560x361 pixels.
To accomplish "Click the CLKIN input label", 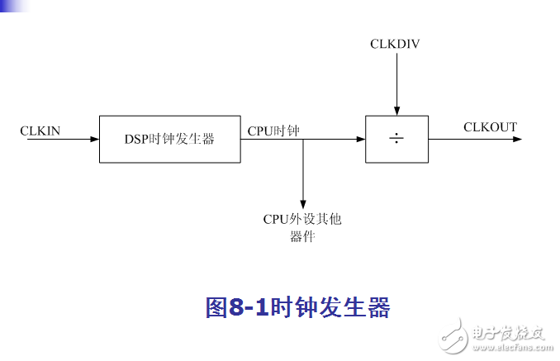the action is click(x=40, y=131).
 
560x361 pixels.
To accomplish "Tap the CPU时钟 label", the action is click(x=273, y=131).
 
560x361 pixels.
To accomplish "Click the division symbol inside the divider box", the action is click(x=396, y=138).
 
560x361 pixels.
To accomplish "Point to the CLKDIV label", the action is click(x=395, y=44).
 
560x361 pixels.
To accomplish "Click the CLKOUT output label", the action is click(x=490, y=126).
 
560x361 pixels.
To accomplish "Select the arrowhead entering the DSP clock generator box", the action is click(x=95, y=139).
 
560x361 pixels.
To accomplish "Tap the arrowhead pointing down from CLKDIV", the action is click(x=396, y=111).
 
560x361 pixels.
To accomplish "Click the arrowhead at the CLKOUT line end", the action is click(x=517, y=139).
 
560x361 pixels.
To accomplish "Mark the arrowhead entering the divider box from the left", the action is click(x=361, y=139).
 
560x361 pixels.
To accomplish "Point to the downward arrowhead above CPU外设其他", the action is click(x=303, y=204).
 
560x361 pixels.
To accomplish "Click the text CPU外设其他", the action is click(x=302, y=219).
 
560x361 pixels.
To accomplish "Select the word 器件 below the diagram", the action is click(x=302, y=236).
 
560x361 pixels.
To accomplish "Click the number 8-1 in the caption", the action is click(x=249, y=307).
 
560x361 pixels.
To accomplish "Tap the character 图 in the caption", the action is click(x=216, y=307).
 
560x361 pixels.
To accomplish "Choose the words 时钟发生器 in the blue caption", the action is click(x=330, y=307).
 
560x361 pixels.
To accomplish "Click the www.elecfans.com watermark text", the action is click(x=512, y=347).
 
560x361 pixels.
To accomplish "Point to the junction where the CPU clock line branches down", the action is click(x=303, y=139).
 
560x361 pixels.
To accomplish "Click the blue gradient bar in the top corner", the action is click(x=15, y=6).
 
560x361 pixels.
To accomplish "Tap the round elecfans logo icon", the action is click(x=453, y=336).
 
